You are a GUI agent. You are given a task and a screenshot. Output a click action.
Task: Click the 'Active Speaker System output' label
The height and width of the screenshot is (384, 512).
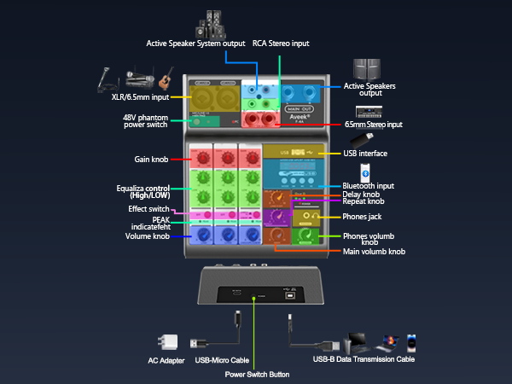[195, 43]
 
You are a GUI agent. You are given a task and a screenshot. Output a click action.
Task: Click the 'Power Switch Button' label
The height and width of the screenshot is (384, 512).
[256, 374]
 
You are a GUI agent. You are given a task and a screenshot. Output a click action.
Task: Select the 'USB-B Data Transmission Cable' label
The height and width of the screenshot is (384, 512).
[364, 360]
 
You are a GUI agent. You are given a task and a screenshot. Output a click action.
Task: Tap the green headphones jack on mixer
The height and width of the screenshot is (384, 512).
[305, 218]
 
